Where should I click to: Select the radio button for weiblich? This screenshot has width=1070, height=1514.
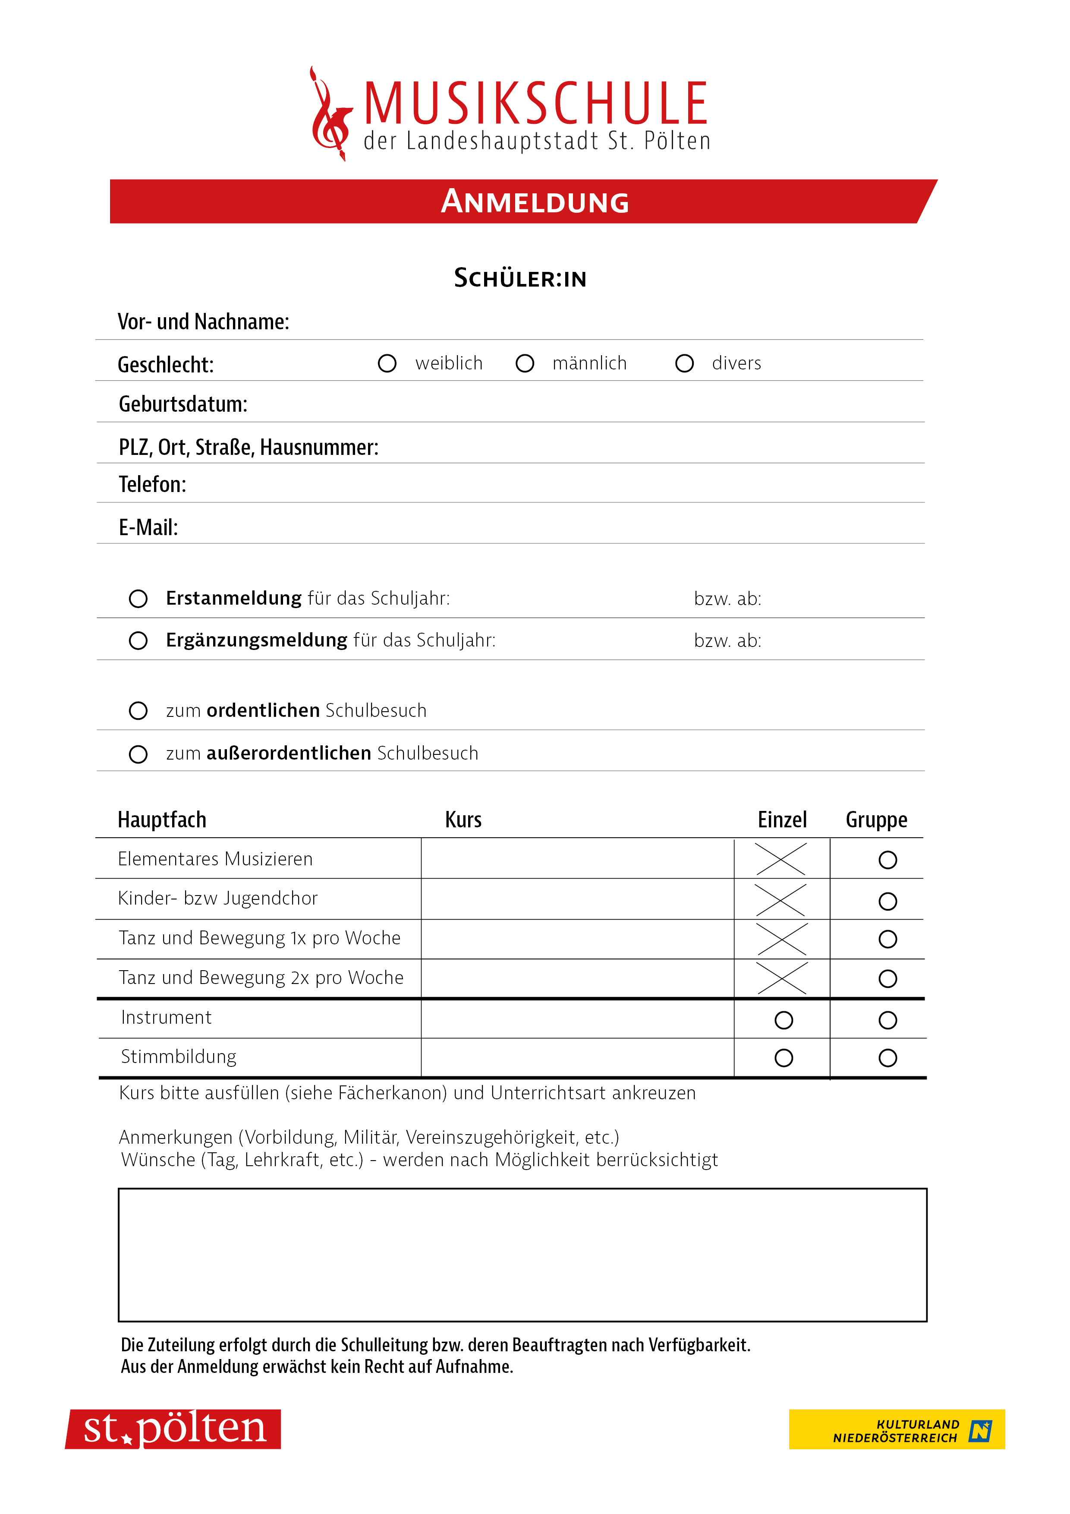pyautogui.click(x=387, y=363)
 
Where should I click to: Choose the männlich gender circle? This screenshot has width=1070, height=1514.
pyautogui.click(x=525, y=363)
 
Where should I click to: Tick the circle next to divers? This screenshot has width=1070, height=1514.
pyautogui.click(x=684, y=363)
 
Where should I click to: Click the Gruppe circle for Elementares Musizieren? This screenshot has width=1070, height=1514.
pyautogui.click(x=887, y=860)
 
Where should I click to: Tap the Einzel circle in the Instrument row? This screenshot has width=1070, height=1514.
pyautogui.click(x=783, y=1020)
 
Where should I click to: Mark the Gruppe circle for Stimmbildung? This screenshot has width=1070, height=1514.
pyautogui.click(x=887, y=1058)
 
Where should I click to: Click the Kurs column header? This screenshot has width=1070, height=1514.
pyautogui.click(x=463, y=820)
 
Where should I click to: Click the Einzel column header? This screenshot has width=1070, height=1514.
pyautogui.click(x=782, y=820)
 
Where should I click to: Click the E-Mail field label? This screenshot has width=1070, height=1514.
pyautogui.click(x=148, y=527)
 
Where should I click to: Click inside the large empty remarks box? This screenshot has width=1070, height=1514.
pyautogui.click(x=522, y=1255)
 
